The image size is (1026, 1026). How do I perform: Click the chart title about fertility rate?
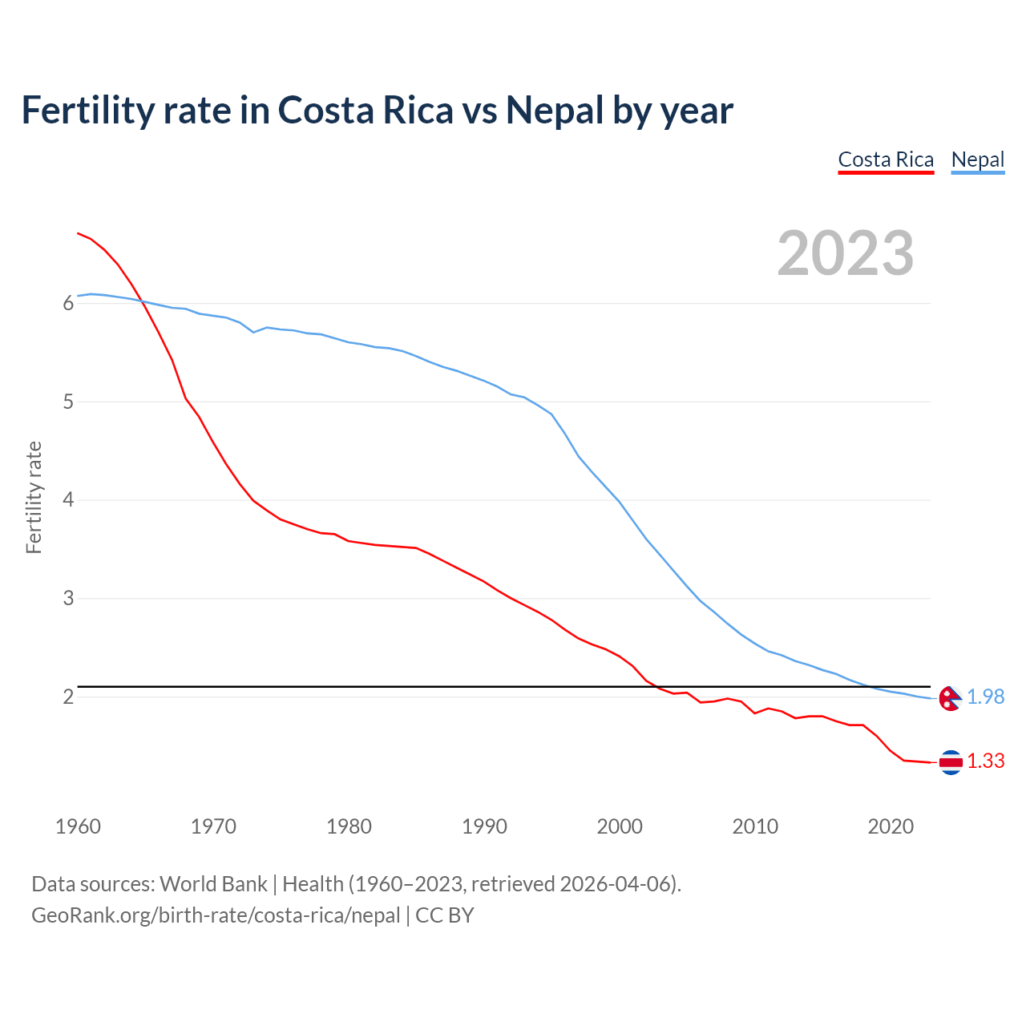pos(377,111)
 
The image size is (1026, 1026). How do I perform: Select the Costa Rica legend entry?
pos(886,160)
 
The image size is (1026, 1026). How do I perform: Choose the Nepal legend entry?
pos(977,160)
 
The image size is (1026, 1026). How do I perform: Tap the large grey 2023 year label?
pos(846,253)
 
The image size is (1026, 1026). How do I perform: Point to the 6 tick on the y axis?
pos(68,303)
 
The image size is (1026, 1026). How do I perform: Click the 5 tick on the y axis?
pos(68,402)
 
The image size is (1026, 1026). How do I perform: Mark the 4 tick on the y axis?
pos(68,500)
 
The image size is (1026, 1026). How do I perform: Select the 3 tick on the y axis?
pos(68,599)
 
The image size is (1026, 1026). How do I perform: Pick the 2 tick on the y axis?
pos(68,697)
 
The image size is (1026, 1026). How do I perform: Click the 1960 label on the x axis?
pos(78,826)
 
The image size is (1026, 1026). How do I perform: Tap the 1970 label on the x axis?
pos(213,826)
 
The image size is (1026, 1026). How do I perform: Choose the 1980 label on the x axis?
pos(349,826)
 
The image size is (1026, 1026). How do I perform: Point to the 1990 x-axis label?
pos(484,826)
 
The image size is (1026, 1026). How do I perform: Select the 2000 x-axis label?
pos(620,826)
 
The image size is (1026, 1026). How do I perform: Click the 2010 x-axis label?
pos(755,826)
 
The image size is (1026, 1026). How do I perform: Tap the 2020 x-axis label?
pos(891,826)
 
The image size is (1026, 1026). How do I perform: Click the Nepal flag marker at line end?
pos(950,698)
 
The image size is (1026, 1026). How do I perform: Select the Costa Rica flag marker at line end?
pos(951,762)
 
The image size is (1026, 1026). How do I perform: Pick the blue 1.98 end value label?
pos(986,697)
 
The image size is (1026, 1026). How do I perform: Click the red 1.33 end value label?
pos(986,761)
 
